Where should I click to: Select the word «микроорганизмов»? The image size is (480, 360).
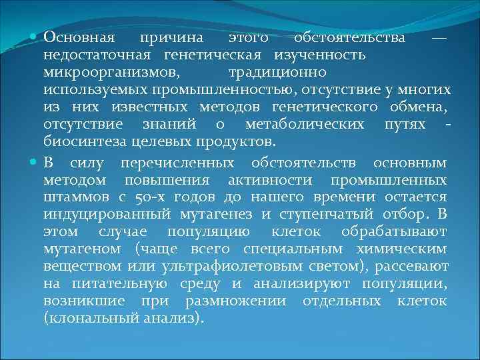(x=111, y=71)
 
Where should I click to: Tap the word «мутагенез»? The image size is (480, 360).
(x=217, y=215)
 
